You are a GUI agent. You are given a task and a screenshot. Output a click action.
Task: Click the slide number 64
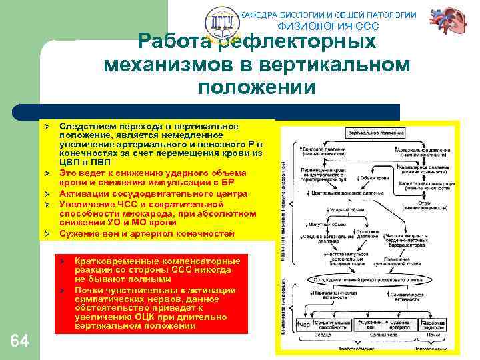point(21,341)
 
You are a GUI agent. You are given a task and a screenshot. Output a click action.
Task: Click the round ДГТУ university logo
point(220,26)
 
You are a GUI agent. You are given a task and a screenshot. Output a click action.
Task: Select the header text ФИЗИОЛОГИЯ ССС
point(327,27)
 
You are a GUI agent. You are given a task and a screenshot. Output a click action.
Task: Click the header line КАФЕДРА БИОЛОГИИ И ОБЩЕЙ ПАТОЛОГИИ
point(327,15)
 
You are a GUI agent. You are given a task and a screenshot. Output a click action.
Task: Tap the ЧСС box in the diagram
point(304,324)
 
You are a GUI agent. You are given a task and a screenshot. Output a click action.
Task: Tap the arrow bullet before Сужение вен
point(48,234)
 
